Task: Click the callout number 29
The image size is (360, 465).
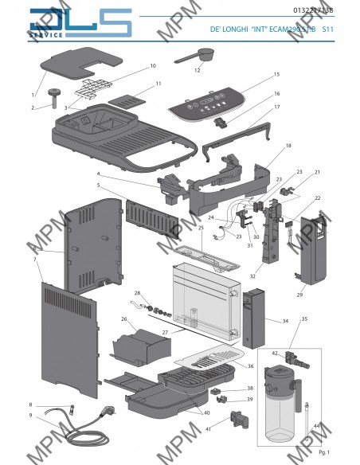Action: click(300, 295)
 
